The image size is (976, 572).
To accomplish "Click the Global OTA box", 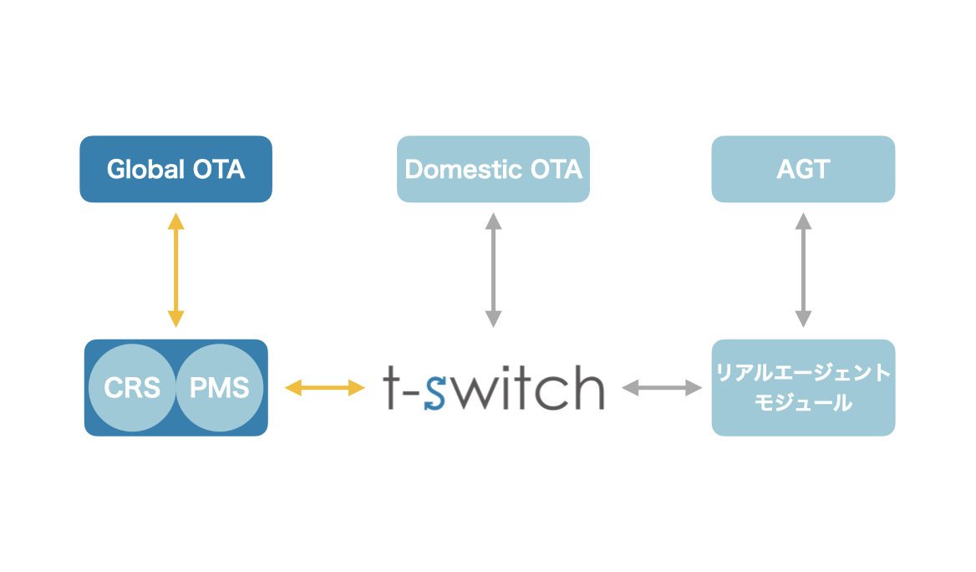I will (x=175, y=169).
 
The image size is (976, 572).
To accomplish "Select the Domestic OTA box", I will (x=493, y=169).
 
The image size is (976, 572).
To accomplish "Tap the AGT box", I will (x=803, y=169).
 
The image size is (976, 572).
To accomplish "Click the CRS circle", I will (x=132, y=388).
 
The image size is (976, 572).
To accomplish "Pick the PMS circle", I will (x=219, y=388).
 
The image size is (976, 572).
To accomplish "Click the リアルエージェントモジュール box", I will (x=803, y=387).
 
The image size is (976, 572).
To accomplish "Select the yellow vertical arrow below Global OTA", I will (x=175, y=270).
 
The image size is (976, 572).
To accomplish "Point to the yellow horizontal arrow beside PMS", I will (x=325, y=387).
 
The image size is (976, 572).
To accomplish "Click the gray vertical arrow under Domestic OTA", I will (x=493, y=270).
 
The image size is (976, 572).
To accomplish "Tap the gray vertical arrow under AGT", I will (x=803, y=270).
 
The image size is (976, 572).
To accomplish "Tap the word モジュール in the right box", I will (x=803, y=403).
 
